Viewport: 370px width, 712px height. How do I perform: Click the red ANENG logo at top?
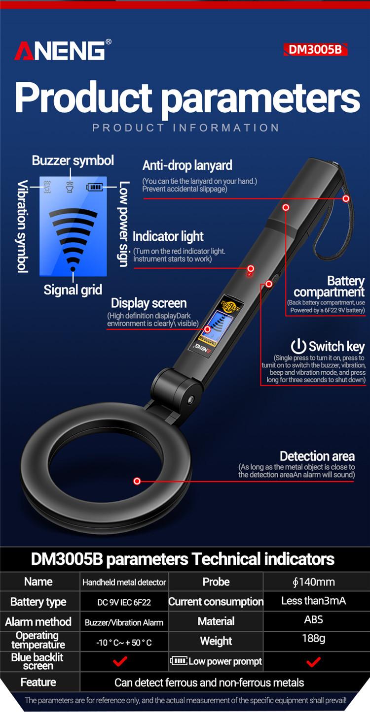point(60,50)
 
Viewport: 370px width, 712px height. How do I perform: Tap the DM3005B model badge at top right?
point(315,50)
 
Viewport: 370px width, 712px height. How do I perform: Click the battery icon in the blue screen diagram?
point(95,187)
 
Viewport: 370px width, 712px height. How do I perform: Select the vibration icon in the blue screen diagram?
point(47,187)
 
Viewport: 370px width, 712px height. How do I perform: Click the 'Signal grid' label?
point(73,290)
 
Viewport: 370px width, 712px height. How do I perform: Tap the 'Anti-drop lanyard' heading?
point(187,165)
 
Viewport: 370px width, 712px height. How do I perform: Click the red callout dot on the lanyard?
point(346,198)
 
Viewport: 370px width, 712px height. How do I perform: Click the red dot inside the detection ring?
point(137,481)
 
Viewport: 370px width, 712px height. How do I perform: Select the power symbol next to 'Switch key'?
point(298,346)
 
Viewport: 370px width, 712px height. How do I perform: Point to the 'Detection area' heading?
point(317,456)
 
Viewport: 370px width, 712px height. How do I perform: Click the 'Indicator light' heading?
point(168,236)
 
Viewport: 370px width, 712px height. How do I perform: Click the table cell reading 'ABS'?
point(313,619)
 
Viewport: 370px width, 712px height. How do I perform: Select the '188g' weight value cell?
point(313,639)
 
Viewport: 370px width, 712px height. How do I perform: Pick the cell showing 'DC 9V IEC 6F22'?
point(124,602)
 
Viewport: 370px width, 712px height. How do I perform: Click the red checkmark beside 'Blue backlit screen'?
point(120,661)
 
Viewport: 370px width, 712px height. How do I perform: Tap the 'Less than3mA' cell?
point(313,601)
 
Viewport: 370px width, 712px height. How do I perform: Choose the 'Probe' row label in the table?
point(216,582)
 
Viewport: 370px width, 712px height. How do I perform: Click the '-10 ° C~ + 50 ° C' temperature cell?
point(124,643)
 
